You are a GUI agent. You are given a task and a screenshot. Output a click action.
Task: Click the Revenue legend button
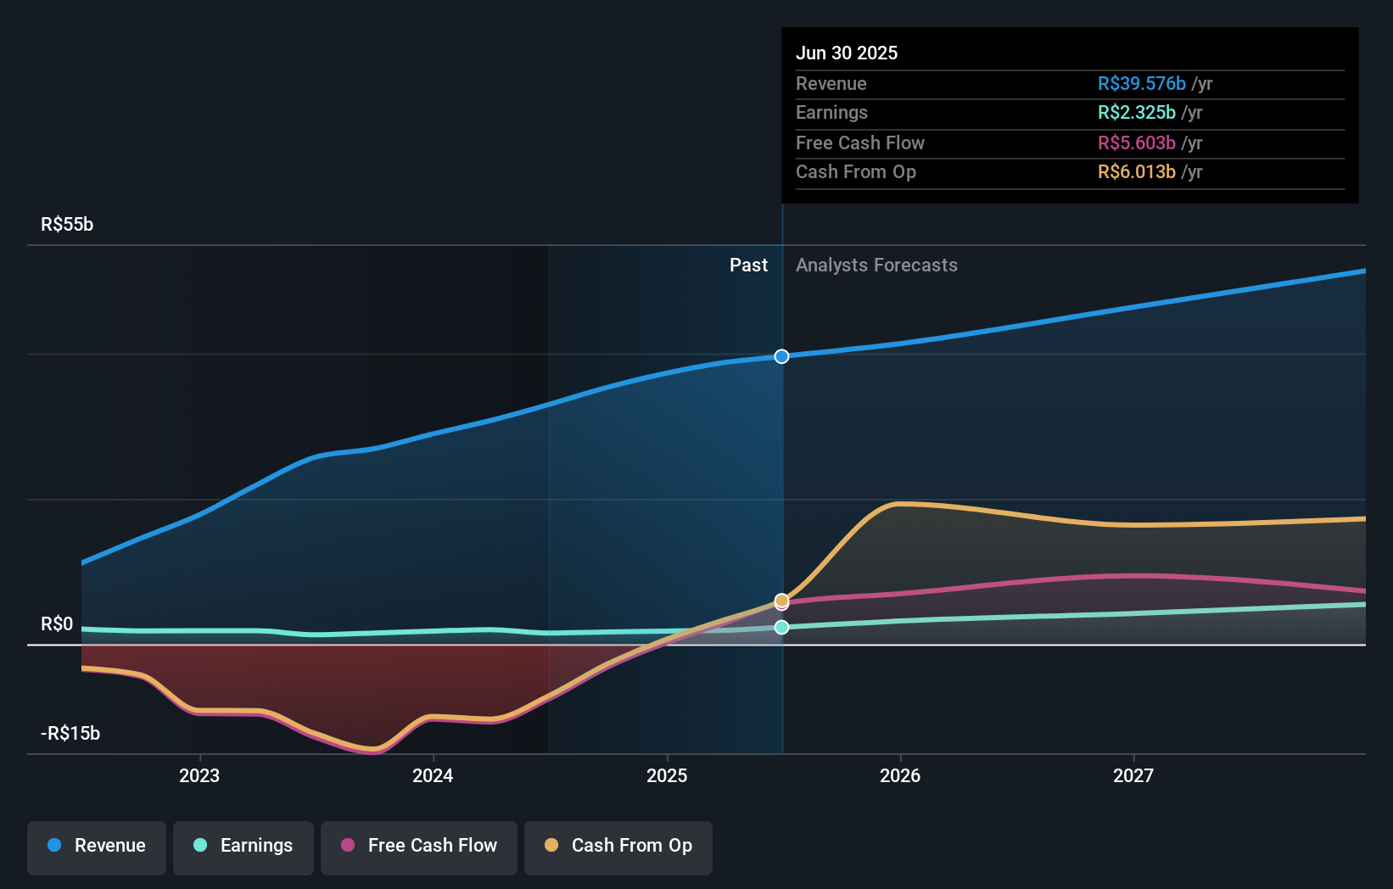[x=97, y=846]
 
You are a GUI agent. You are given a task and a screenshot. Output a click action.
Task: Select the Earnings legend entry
[x=243, y=846]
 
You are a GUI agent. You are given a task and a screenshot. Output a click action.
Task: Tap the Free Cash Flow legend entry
[x=419, y=846]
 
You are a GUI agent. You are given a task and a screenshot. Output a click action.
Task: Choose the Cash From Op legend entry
[x=618, y=846]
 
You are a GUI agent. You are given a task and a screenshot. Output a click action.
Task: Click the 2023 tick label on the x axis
[x=199, y=775]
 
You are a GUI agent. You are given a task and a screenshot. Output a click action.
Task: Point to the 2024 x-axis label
[x=433, y=775]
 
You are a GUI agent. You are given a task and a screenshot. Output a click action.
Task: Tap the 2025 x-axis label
[x=667, y=775]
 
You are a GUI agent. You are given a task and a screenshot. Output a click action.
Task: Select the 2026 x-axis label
[x=900, y=775]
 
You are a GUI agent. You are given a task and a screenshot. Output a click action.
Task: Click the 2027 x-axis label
[x=1133, y=775]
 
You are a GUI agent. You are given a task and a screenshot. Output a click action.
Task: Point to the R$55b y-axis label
[x=67, y=224]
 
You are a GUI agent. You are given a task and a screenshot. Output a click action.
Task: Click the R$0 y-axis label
[x=57, y=624]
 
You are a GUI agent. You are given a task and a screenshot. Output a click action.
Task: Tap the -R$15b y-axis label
[x=70, y=733]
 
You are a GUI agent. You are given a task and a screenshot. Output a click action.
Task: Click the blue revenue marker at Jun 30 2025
[x=782, y=356]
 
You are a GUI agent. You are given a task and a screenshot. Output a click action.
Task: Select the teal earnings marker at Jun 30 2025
[x=782, y=627]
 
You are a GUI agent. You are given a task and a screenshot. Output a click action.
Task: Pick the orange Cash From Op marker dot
[x=782, y=600]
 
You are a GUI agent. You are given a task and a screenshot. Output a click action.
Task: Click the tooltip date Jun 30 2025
[x=847, y=53]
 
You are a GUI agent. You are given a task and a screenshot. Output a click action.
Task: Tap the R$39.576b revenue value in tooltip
[x=1141, y=83]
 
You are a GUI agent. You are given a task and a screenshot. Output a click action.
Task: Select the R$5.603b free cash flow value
[x=1136, y=143]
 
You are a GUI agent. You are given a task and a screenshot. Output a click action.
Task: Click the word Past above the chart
[x=748, y=265]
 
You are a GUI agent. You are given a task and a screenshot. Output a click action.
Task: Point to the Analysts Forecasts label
[x=876, y=265]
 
